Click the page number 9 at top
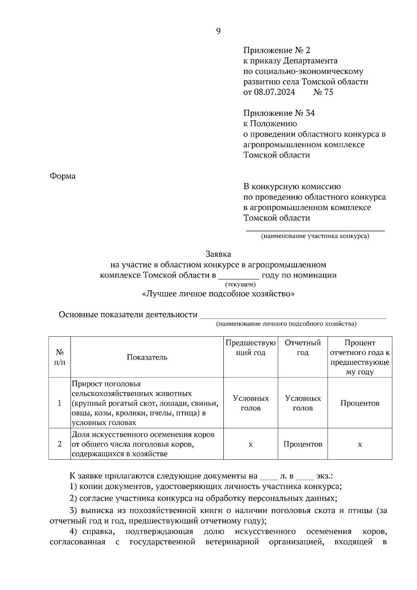point(218,31)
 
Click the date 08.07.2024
point(274,92)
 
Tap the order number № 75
point(323,92)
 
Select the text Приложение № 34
point(279,113)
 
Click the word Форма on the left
point(63,176)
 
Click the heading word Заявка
point(218,254)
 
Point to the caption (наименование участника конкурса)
point(315,236)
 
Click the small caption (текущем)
point(240,284)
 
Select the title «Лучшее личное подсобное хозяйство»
point(218,294)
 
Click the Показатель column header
point(147,357)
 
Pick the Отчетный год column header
point(302,348)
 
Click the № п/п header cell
point(59,357)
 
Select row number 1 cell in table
point(59,403)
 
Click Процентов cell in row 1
point(360,403)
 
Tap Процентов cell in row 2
point(302,444)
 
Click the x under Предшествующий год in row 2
point(251,444)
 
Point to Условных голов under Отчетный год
point(302,403)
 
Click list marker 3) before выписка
point(73,511)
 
